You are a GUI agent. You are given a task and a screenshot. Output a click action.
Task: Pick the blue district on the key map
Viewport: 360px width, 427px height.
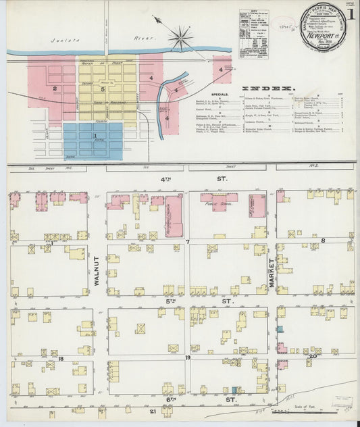click(94, 141)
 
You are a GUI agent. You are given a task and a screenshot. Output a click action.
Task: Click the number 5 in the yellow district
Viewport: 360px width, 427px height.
click(101, 89)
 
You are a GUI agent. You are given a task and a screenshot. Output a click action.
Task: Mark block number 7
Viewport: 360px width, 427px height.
click(188, 241)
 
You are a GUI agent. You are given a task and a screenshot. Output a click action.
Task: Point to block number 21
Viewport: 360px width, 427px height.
click(153, 411)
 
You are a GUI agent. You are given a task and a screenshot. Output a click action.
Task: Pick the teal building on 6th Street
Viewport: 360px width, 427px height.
click(234, 390)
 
